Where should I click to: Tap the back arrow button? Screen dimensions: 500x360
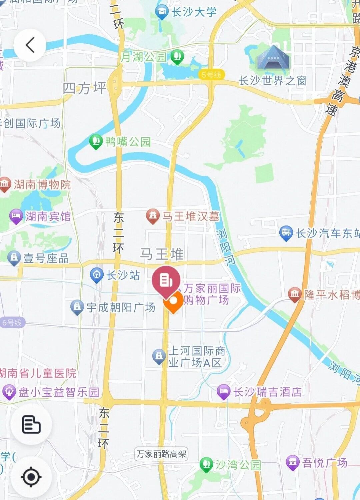point(30,45)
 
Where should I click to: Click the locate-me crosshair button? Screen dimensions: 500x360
point(31,477)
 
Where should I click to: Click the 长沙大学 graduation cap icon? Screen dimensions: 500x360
point(162,12)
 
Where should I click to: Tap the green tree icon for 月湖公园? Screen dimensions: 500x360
point(177,57)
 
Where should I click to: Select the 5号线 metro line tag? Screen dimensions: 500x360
point(211,75)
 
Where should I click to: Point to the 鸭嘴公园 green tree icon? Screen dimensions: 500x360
point(96,142)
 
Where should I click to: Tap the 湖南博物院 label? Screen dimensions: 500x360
point(42,185)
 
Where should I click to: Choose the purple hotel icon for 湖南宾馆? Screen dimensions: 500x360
point(16,217)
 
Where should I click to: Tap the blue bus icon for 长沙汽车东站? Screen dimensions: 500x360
point(286,233)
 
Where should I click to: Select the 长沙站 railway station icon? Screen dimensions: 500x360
point(97,275)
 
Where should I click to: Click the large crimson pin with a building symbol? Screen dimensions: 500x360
point(166,280)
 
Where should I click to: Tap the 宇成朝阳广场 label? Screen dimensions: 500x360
point(121,307)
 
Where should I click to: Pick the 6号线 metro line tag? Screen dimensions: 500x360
point(12,322)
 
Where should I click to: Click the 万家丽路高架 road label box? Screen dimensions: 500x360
point(161,454)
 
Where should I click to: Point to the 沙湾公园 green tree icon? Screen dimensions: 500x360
point(206,464)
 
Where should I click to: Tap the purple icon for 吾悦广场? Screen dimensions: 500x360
point(293,463)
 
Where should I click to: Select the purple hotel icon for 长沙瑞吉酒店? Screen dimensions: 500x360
point(224,392)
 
